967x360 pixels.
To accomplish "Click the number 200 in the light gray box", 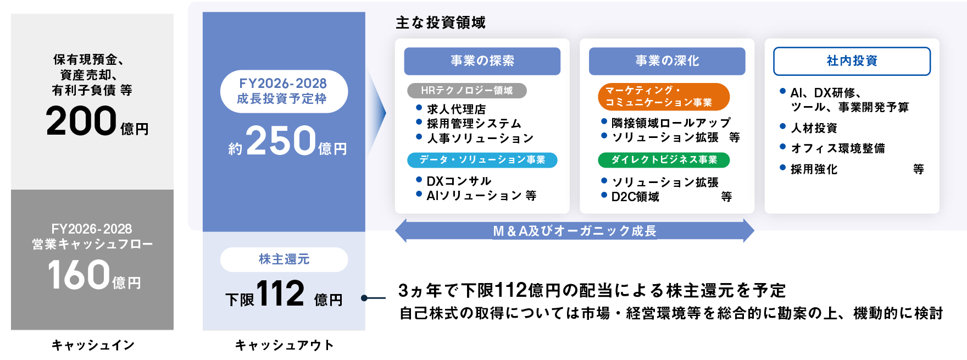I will point(81,121).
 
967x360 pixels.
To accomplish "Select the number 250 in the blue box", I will point(281,141).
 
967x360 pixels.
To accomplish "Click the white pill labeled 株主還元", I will point(284,259).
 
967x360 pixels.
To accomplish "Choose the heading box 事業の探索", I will point(482,61).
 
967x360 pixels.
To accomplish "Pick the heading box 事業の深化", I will point(666,61).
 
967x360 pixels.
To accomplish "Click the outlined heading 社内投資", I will point(852,61).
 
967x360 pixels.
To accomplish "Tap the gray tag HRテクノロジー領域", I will point(466,91).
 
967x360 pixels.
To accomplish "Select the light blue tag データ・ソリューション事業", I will point(482,160).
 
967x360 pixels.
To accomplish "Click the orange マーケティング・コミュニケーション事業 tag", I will point(663,97).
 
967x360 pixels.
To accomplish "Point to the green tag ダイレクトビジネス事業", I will point(663,160).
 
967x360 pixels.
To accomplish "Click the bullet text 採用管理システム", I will point(474,124).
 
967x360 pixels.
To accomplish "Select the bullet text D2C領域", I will point(635,197).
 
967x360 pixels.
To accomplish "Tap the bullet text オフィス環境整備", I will point(837,148).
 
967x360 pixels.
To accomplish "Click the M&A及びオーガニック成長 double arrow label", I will point(574,231).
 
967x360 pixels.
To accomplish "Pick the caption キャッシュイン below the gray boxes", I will point(92,345).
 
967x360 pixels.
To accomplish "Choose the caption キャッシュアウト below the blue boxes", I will point(284,345).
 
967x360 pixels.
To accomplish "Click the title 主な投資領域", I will point(440,23).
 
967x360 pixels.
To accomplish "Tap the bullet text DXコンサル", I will point(459,181).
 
